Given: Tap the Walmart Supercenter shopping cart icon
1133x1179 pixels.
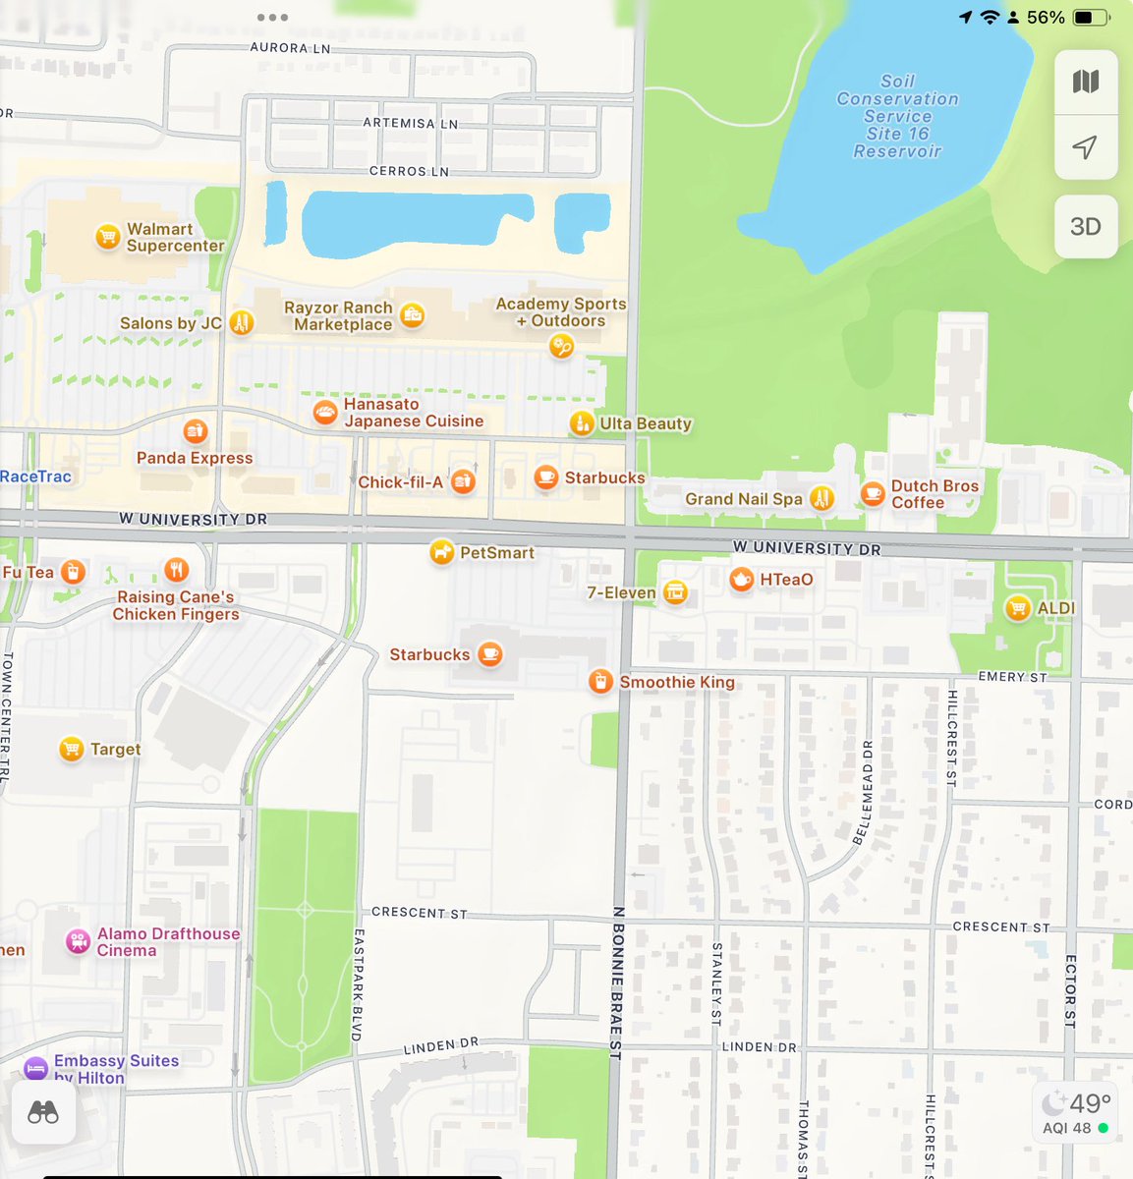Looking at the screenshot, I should click(107, 237).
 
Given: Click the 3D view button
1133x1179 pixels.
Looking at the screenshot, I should click(1085, 226).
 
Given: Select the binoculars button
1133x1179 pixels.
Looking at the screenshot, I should click(43, 1112).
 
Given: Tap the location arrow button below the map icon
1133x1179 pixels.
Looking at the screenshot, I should click(1085, 147).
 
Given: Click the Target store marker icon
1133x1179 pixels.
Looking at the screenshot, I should click(71, 750).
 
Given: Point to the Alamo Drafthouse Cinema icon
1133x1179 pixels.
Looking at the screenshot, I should click(78, 942).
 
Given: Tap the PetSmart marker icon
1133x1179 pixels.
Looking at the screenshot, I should click(442, 553).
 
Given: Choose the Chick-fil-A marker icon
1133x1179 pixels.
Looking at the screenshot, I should click(463, 481).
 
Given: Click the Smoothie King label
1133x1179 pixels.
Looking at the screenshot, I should click(676, 682).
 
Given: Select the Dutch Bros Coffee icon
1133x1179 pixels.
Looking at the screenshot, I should click(872, 493).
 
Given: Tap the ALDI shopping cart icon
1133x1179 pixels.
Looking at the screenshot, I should click(1018, 608).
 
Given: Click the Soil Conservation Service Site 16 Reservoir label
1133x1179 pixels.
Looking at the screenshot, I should click(897, 116).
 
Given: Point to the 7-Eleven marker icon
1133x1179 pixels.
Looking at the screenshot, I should click(675, 592).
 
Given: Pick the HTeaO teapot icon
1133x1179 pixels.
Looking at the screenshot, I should click(742, 580).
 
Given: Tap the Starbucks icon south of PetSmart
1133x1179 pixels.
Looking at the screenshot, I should click(490, 654).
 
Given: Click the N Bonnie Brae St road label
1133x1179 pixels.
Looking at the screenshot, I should click(617, 982).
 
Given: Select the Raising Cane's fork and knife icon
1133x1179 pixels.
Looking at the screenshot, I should click(177, 570).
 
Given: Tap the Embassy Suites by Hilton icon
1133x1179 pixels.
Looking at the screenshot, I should click(35, 1068).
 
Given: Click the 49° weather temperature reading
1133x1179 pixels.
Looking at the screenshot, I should click(1089, 1103).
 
